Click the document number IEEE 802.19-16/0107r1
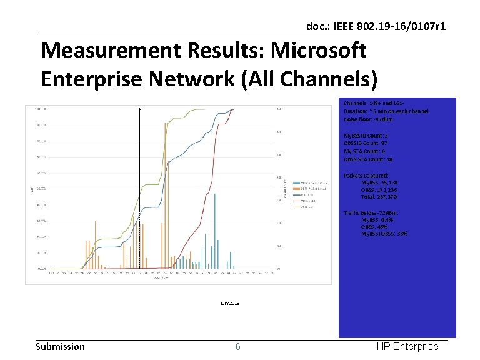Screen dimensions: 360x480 [376, 26]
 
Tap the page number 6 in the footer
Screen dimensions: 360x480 [237, 347]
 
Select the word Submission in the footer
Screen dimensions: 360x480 [60, 347]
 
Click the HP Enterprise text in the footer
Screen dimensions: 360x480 [407, 347]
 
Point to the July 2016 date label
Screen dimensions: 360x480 [229, 303]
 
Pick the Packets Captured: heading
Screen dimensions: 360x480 [366, 176]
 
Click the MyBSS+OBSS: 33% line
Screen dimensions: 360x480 [384, 234]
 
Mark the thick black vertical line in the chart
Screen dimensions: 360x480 [140, 187]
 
